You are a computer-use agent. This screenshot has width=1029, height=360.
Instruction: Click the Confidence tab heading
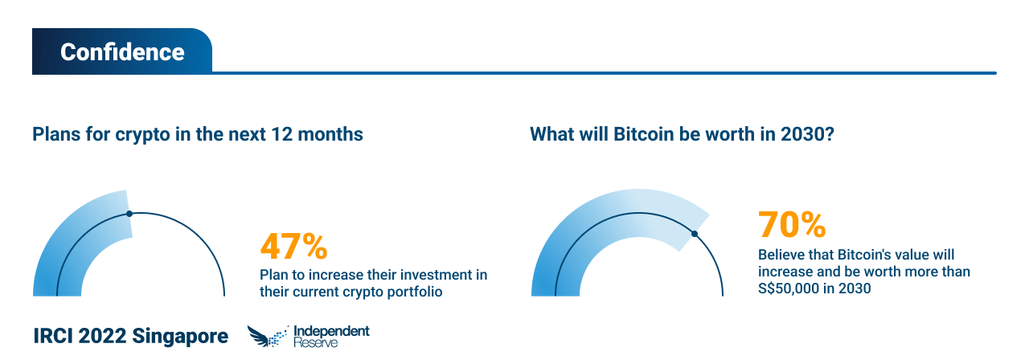pyautogui.click(x=122, y=52)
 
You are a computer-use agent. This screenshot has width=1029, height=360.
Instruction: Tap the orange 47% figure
pyautogui.click(x=293, y=246)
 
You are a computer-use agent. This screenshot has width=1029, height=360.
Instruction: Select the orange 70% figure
pyautogui.click(x=792, y=224)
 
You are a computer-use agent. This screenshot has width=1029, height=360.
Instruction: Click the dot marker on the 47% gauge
pyautogui.click(x=129, y=214)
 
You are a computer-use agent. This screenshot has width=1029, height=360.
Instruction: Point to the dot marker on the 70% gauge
pyautogui.click(x=695, y=234)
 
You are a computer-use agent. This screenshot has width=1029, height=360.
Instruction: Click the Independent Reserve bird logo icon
pyautogui.click(x=269, y=337)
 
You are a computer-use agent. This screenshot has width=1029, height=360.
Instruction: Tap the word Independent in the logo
pyautogui.click(x=331, y=331)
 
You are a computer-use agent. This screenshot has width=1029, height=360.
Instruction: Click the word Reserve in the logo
pyautogui.click(x=316, y=342)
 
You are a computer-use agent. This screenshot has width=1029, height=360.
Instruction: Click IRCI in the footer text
pyautogui.click(x=53, y=336)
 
